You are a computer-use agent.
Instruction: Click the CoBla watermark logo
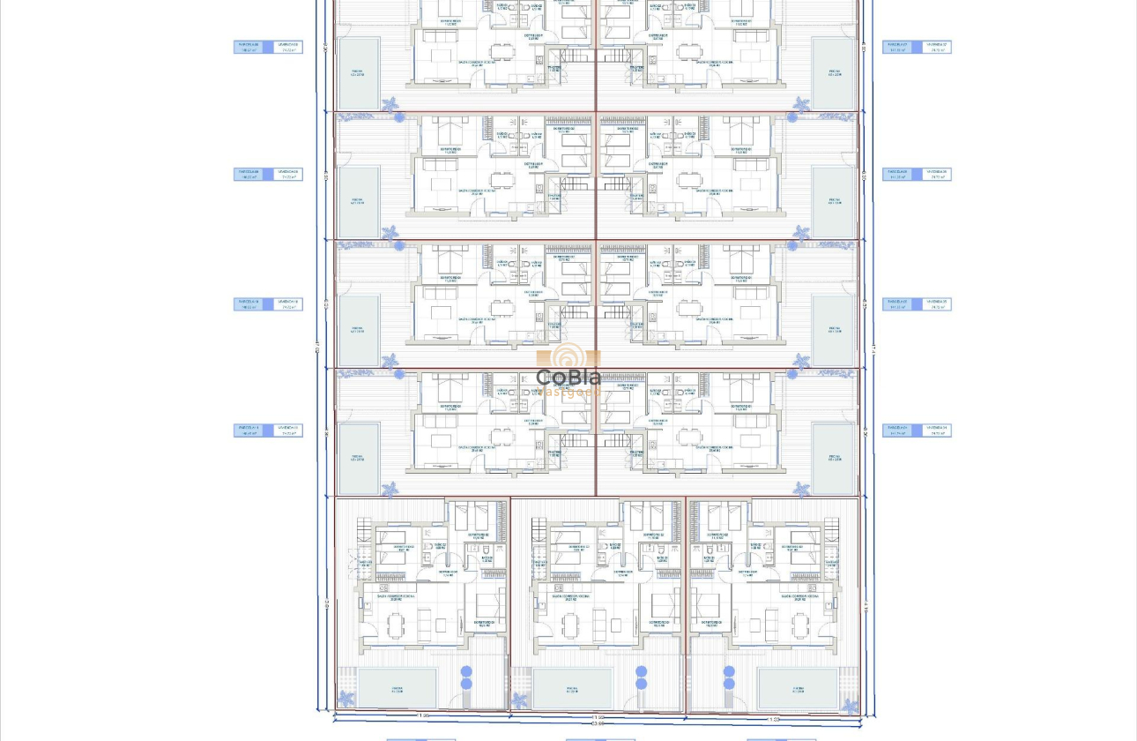tap(568, 370)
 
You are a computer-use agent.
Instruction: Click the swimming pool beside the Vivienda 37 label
tap(834, 72)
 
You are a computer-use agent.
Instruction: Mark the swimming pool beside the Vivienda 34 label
tap(834, 459)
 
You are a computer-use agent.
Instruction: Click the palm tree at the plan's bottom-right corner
tap(849, 706)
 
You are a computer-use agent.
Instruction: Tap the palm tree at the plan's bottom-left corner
tap(346, 699)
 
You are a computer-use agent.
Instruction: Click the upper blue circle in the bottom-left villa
tap(466, 672)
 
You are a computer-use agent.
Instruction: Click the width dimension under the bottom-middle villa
tap(598, 718)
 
